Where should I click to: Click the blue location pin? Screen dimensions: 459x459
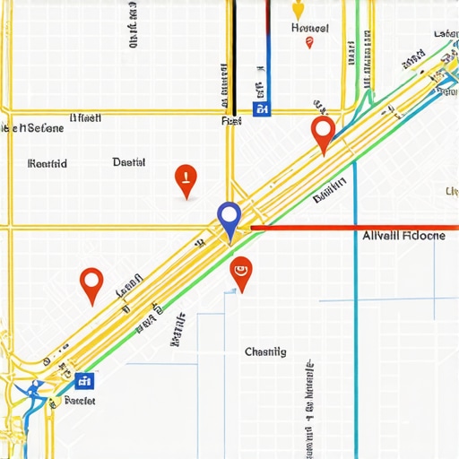[229, 218]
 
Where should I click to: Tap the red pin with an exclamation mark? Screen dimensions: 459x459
[185, 178]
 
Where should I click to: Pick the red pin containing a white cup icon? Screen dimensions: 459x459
[240, 272]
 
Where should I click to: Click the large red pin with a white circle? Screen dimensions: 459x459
[323, 133]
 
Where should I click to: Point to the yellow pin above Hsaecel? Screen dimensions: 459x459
[299, 9]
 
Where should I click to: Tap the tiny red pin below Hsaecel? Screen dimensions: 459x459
[309, 42]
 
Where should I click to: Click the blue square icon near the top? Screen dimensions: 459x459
[262, 109]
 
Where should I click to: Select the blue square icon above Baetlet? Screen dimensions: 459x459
[83, 381]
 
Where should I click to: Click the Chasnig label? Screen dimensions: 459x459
[265, 352]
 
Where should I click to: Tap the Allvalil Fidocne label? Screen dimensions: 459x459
[403, 237]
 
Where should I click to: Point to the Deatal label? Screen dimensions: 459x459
[129, 162]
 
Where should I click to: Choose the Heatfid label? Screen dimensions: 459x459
[48, 163]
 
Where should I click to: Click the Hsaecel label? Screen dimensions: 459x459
[310, 28]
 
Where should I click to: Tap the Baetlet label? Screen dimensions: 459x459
[80, 401]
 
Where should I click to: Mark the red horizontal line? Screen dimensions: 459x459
[350, 228]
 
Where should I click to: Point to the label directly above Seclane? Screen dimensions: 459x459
[86, 117]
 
